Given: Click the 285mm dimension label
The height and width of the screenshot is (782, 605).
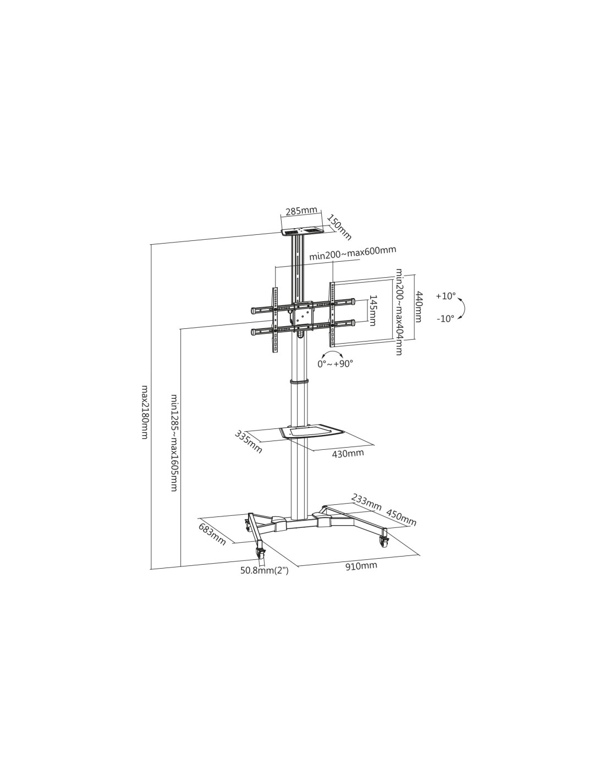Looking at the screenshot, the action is pos(301,211).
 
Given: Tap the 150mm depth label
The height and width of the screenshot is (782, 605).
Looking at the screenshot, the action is pos(339,228).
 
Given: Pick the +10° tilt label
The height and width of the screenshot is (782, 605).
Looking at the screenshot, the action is pos(446,296).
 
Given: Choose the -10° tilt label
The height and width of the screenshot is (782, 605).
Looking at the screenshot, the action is pos(445,318).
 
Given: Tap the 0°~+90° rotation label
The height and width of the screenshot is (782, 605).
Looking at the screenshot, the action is pos(335,364).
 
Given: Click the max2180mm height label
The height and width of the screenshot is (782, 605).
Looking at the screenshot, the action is pos(145,412).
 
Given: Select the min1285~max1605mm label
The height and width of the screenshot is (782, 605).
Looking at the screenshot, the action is pos(174,443).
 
